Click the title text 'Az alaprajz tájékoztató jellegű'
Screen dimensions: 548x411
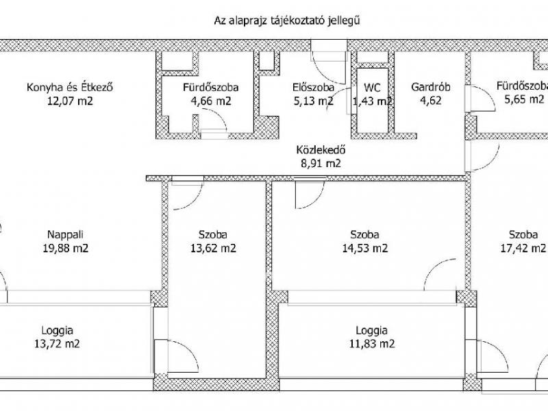(287, 21)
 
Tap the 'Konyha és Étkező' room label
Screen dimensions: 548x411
(70, 87)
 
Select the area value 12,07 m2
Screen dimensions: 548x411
(71, 101)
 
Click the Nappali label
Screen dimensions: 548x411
(65, 234)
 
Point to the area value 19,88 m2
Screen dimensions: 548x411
(66, 249)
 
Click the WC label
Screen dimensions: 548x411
(372, 88)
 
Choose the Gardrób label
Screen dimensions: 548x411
(431, 87)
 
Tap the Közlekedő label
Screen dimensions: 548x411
(321, 150)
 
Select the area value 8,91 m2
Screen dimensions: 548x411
(321, 164)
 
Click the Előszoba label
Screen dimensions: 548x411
(314, 87)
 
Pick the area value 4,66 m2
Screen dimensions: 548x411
(211, 101)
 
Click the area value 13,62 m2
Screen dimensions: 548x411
(213, 249)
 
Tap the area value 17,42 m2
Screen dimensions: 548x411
(523, 249)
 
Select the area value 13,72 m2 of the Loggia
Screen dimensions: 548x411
(57, 344)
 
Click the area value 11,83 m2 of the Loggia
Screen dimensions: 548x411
(372, 344)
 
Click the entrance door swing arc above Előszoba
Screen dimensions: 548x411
(321, 73)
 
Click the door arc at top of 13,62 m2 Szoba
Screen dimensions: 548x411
(195, 202)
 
